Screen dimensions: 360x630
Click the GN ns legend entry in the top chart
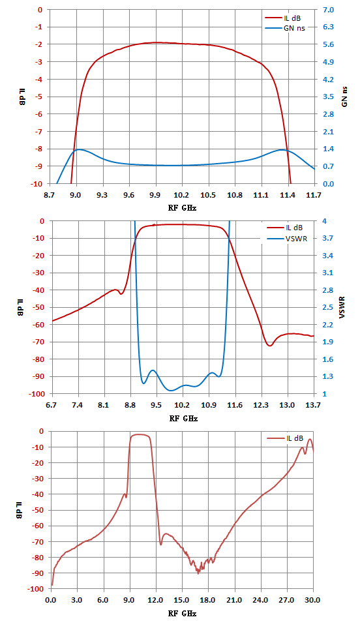[283, 28]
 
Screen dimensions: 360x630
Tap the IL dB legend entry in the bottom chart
[285, 438]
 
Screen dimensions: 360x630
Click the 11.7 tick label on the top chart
[314, 196]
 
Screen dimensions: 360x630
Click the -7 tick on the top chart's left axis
[41, 132]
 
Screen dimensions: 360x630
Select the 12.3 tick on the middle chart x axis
[261, 406]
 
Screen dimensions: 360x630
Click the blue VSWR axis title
[342, 308]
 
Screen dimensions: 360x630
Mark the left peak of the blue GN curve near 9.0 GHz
[79, 149]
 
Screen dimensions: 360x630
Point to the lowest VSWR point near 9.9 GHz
[171, 391]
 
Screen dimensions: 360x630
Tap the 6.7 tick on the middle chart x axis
[52, 406]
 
